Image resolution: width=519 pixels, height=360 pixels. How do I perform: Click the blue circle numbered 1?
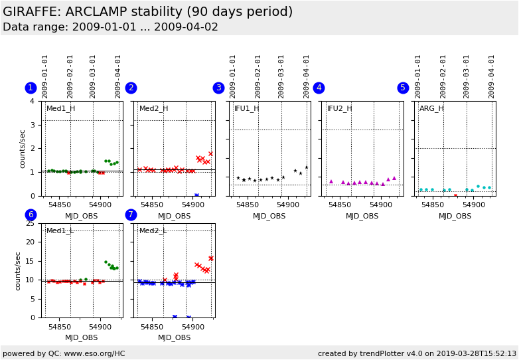pyautogui.click(x=31, y=88)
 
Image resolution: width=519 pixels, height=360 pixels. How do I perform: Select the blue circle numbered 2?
pyautogui.click(x=131, y=88)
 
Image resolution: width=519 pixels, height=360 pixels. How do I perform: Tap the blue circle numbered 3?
pyautogui.click(x=218, y=88)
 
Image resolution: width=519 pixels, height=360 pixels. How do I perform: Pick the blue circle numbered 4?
pyautogui.click(x=319, y=88)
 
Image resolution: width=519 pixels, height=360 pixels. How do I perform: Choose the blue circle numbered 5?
pyautogui.click(x=403, y=88)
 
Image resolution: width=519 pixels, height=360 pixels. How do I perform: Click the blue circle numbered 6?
pyautogui.click(x=31, y=215)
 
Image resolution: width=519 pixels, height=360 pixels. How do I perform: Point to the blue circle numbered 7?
pyautogui.click(x=131, y=215)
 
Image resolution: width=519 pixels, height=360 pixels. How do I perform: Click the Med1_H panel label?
pyautogui.click(x=60, y=108)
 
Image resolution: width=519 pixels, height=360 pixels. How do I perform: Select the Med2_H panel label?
pyautogui.click(x=153, y=108)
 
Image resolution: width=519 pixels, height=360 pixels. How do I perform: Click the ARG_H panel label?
pyautogui.click(x=431, y=108)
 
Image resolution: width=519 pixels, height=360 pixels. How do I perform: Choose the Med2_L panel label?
pyautogui.click(x=153, y=230)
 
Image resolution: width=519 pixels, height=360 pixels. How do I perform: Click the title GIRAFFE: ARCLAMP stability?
pyautogui.click(x=147, y=12)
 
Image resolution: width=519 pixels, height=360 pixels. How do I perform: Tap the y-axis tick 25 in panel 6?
pyautogui.click(x=29, y=223)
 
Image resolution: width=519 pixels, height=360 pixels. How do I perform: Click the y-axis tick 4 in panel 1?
pyautogui.click(x=32, y=101)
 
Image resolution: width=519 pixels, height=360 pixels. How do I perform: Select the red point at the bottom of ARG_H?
pyautogui.click(x=455, y=195)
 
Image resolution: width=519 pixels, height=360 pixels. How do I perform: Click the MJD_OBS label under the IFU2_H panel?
pyautogui.click(x=362, y=216)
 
